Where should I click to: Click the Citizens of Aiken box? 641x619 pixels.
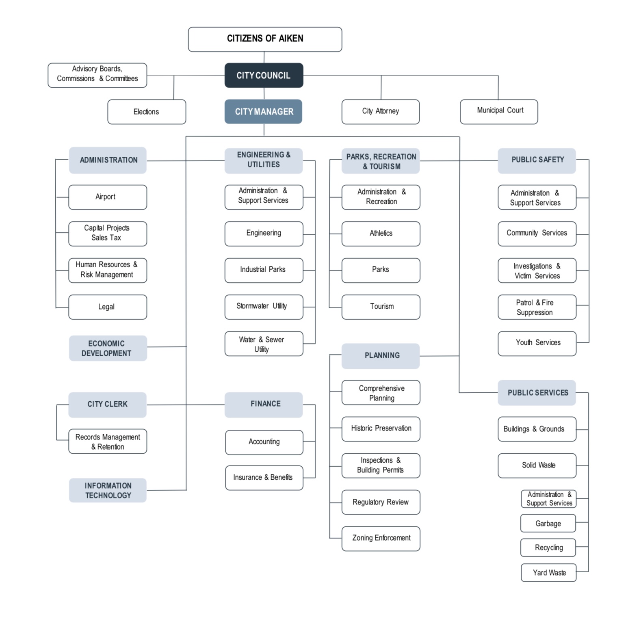click(x=265, y=39)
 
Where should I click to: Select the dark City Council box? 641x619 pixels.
click(x=264, y=76)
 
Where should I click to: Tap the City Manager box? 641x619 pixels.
click(x=263, y=112)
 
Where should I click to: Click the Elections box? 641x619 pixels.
click(x=147, y=112)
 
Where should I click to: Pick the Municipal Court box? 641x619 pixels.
click(x=499, y=112)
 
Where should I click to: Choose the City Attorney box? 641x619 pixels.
click(x=381, y=112)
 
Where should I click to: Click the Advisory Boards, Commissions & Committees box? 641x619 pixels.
click(x=97, y=75)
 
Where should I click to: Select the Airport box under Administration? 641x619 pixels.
click(x=108, y=197)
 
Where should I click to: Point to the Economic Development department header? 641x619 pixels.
click(x=108, y=348)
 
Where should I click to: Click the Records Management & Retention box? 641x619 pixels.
click(x=108, y=442)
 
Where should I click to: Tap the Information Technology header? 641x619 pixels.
click(x=108, y=490)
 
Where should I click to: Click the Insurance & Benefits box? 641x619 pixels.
click(x=264, y=478)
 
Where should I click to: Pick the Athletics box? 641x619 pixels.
click(x=381, y=234)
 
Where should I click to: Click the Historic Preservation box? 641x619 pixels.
click(x=381, y=429)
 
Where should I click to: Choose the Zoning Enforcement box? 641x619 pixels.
click(x=381, y=539)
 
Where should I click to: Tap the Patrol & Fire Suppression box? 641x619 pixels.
click(x=537, y=307)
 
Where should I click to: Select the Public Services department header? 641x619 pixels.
click(x=537, y=393)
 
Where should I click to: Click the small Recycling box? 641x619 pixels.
click(x=548, y=548)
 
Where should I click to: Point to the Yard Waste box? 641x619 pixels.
click(x=548, y=573)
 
